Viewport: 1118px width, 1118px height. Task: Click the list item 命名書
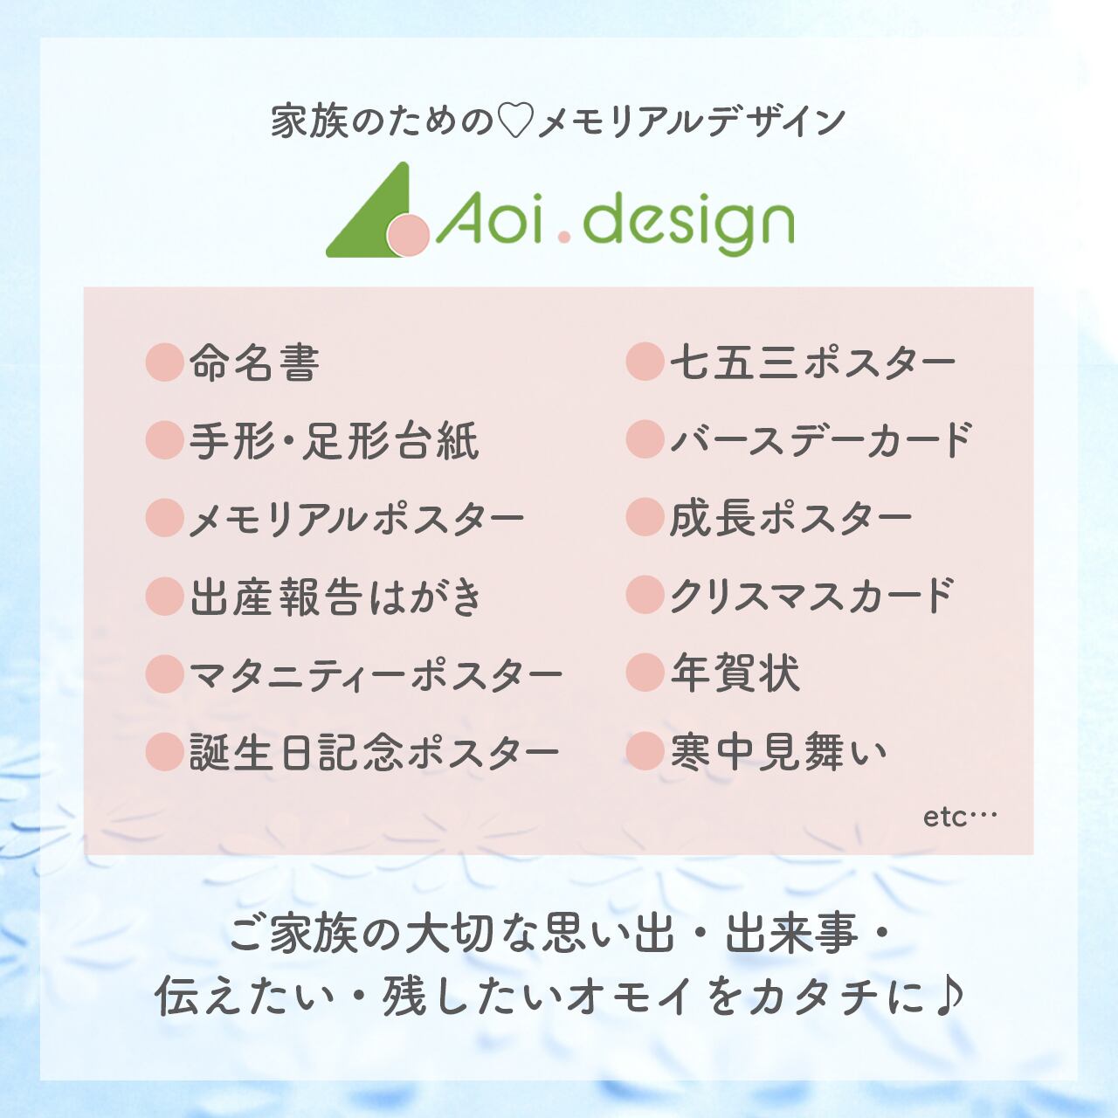click(254, 362)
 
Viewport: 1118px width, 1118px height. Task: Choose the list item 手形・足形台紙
click(335, 440)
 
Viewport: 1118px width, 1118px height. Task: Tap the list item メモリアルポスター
click(356, 518)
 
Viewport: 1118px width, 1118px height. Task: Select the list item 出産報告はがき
click(335, 596)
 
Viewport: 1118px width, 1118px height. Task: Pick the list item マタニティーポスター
click(376, 674)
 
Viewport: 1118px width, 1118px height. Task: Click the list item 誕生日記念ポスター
click(374, 753)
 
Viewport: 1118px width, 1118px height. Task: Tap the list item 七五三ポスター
click(812, 362)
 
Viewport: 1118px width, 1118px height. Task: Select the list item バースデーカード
click(821, 440)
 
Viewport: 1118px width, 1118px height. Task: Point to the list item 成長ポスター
click(790, 518)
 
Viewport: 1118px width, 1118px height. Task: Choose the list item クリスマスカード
click(811, 596)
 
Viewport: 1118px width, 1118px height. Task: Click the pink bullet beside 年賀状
click(645, 673)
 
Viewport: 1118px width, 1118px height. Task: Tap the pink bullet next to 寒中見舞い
click(645, 751)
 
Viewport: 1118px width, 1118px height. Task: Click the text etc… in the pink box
click(960, 818)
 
